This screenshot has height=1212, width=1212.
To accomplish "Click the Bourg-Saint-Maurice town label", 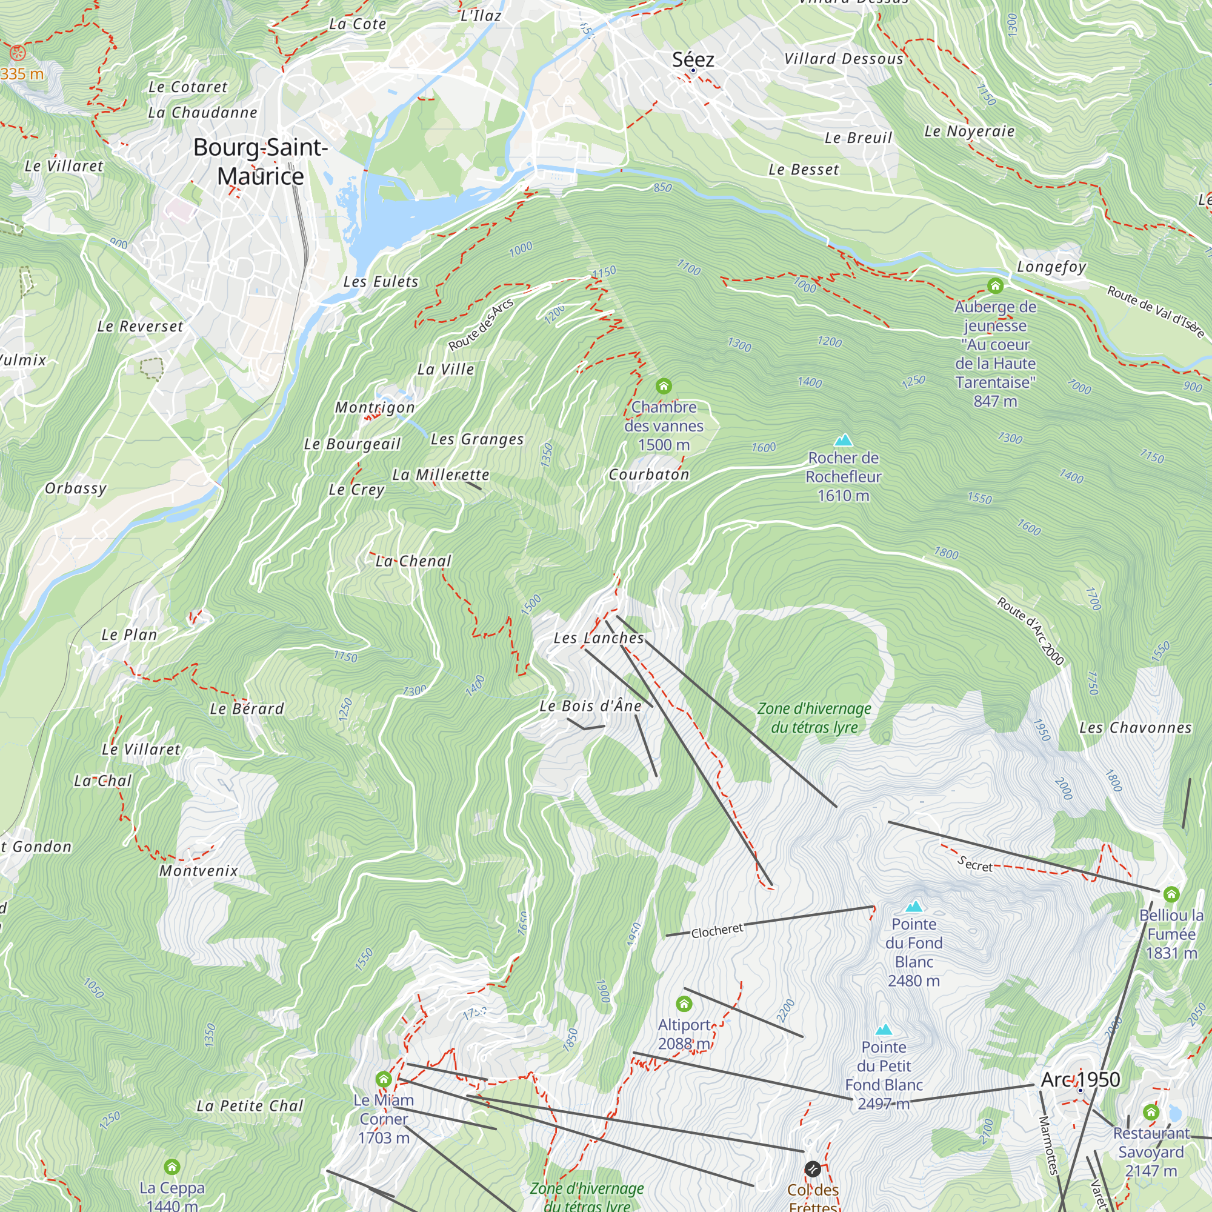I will pyautogui.click(x=261, y=161).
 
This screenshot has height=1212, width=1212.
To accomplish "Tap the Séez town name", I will pyautogui.click(x=693, y=59).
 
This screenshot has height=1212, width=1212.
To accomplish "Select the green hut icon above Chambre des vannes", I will pyautogui.click(x=664, y=386).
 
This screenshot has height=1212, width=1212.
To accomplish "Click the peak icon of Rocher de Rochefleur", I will pyautogui.click(x=843, y=440).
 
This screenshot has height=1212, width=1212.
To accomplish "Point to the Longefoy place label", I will pyautogui.click(x=1051, y=267).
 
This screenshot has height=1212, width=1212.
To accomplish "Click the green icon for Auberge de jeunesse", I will pyautogui.click(x=995, y=286).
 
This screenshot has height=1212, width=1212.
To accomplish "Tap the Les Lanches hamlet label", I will pyautogui.click(x=599, y=638).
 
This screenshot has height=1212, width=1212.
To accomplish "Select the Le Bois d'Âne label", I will pyautogui.click(x=590, y=706).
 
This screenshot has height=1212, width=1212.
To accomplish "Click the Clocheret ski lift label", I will pyautogui.click(x=717, y=930).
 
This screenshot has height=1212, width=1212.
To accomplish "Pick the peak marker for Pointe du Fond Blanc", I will pyautogui.click(x=914, y=906).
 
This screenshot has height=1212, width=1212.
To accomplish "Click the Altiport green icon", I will pyautogui.click(x=684, y=1004).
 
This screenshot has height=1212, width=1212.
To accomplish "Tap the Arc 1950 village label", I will pyautogui.click(x=1080, y=1080).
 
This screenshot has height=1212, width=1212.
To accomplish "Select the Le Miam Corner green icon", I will pyautogui.click(x=384, y=1079).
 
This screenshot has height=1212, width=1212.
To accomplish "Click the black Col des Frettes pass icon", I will pyautogui.click(x=812, y=1169).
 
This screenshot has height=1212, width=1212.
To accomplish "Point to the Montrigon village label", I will pyautogui.click(x=375, y=407).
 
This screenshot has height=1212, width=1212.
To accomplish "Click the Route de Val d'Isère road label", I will pyautogui.click(x=1155, y=311).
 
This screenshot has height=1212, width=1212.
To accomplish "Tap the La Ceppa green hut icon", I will pyautogui.click(x=172, y=1167).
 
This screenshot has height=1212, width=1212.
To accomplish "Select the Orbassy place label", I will pyautogui.click(x=75, y=488).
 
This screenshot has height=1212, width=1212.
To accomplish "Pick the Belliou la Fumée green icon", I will pyautogui.click(x=1171, y=894).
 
